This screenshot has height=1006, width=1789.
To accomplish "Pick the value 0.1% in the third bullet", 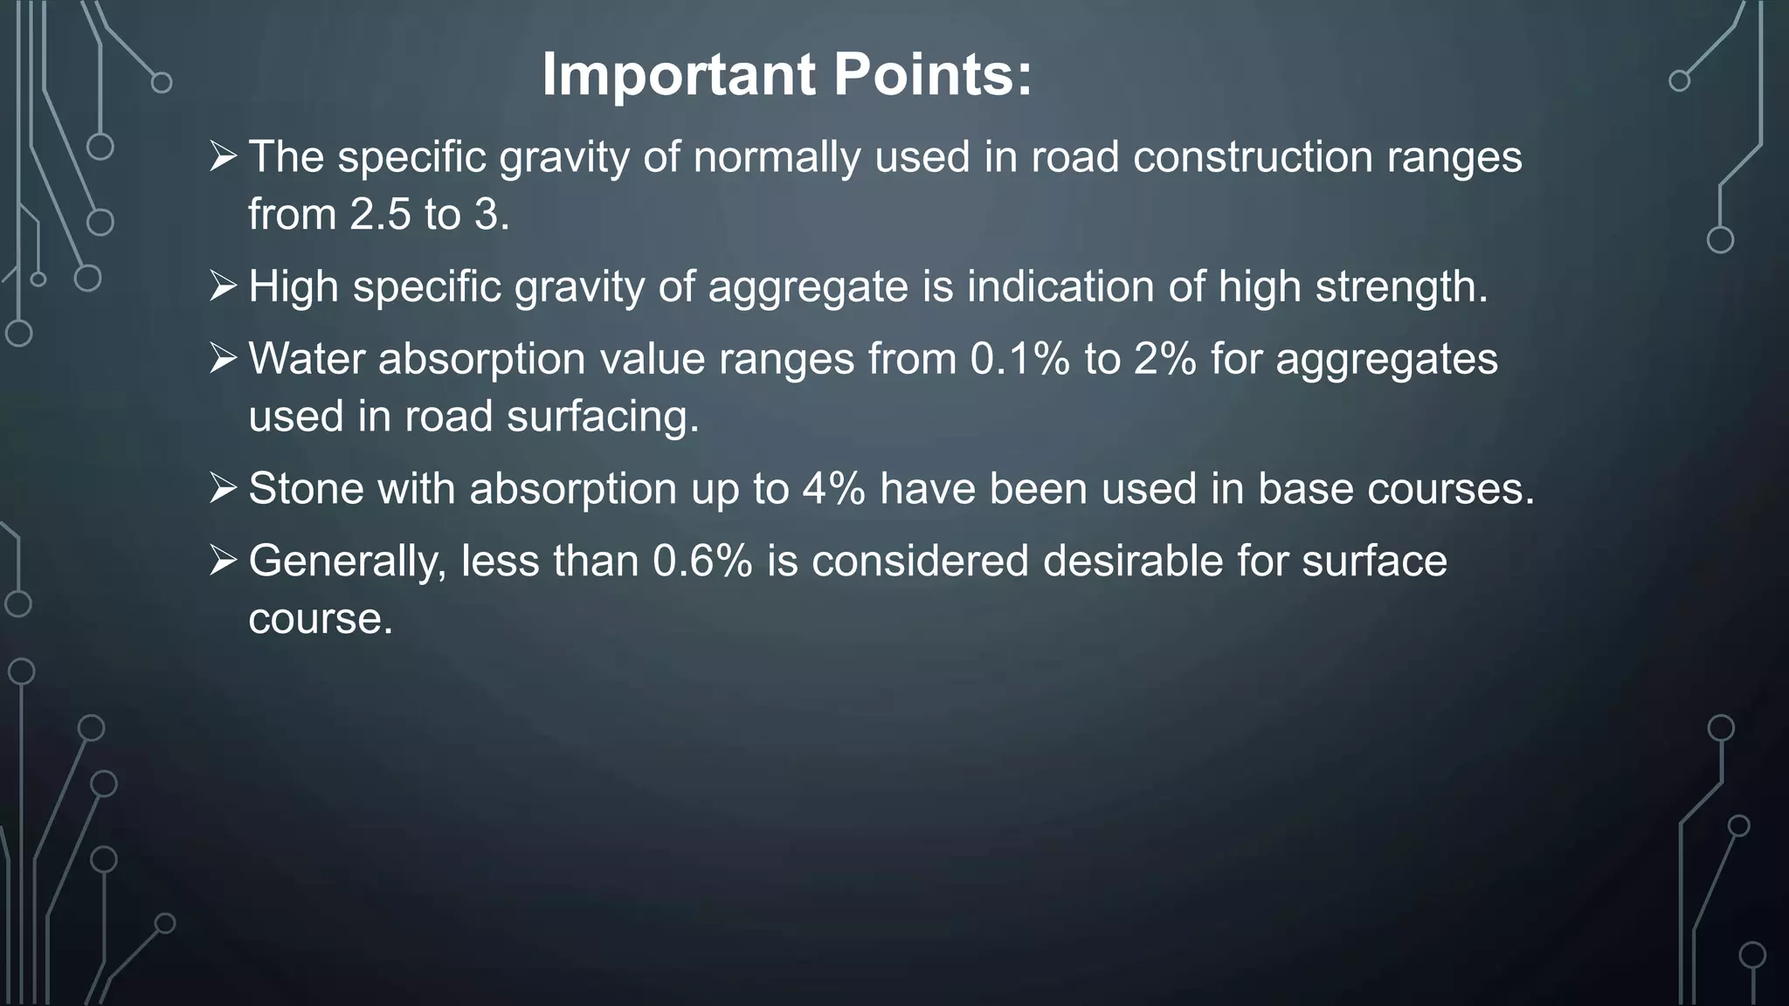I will click(1019, 359).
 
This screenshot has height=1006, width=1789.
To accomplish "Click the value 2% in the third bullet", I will click(1165, 359).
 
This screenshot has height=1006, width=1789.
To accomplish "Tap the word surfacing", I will click(604, 417).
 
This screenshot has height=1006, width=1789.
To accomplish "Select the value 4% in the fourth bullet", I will click(833, 488).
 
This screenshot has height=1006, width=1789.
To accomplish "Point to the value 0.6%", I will click(702, 561).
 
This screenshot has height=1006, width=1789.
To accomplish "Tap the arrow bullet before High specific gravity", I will click(224, 286).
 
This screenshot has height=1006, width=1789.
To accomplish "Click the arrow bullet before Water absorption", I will click(224, 358).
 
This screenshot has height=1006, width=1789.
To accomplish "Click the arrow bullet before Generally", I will click(224, 560).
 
